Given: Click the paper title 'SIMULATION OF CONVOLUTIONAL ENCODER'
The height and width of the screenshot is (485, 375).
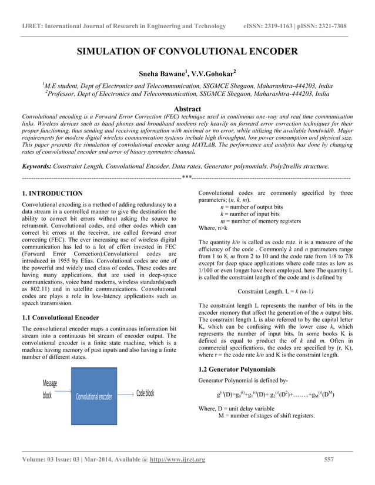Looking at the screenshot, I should (x=187, y=52).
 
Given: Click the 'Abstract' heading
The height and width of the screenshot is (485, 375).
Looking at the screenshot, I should (x=187, y=109).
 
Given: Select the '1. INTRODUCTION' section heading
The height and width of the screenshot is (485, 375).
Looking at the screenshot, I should (x=52, y=193).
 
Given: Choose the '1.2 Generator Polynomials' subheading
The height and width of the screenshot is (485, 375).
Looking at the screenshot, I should (x=237, y=369).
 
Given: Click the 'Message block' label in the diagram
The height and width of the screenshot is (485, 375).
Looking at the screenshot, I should (x=50, y=389).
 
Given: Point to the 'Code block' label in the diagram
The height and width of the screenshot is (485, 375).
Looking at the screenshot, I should (x=145, y=393).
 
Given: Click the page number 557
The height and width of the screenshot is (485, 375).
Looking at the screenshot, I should (x=329, y=459).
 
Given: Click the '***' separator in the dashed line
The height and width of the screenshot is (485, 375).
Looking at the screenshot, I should (x=187, y=177).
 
